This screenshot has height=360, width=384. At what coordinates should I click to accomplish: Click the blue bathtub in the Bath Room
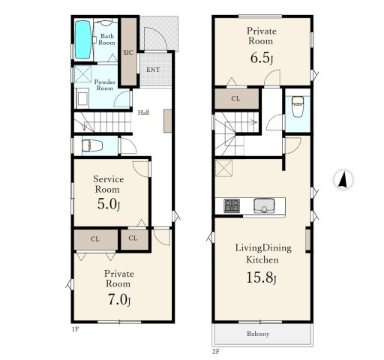pos(82,40)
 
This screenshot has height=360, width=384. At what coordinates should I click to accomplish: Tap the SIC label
pos(128,52)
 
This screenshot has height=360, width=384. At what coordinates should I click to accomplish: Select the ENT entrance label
pos(153,70)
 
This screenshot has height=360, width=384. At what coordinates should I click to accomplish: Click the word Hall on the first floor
pos(144,112)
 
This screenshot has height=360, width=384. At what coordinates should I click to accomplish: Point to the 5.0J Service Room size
pos(109,204)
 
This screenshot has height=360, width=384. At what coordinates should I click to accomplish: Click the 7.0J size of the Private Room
pos(119,299)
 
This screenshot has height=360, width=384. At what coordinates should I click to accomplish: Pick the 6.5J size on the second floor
pos(262,58)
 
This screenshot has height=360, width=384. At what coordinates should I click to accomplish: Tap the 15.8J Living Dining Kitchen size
pos(261,277)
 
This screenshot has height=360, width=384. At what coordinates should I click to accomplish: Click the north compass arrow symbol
pos(343,179)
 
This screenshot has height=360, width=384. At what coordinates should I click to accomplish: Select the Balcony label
pos(258,334)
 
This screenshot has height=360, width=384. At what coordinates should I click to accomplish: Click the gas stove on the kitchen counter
pos(232,205)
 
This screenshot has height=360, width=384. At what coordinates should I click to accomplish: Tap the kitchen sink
pos(264,205)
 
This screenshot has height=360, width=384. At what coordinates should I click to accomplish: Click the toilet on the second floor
pos(298,106)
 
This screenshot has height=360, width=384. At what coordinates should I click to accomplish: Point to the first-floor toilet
pos(92,145)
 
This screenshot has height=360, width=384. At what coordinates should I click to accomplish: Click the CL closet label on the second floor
pos(235,99)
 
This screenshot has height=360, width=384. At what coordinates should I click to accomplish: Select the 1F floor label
pos(75,329)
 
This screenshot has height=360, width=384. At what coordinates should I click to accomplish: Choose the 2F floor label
pos(216,352)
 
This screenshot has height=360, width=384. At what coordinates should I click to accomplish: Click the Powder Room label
pos(105,85)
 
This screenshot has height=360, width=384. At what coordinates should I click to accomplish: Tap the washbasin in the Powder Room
pos(82,98)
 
